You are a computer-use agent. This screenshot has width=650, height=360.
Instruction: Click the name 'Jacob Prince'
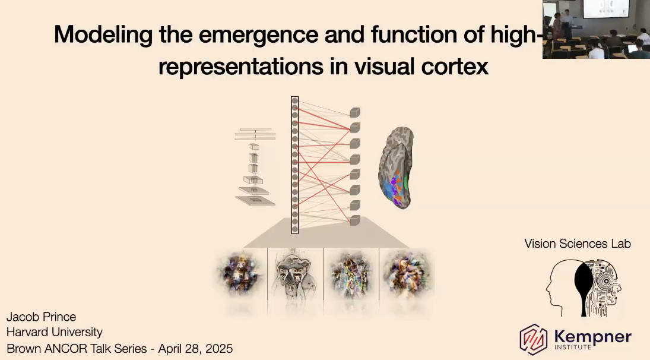coord(41,317)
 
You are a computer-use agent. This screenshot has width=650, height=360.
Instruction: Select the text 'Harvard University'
coord(54,332)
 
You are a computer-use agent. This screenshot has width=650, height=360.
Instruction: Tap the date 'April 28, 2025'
coord(195,349)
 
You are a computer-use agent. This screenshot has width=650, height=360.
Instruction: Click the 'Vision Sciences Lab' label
coord(578,244)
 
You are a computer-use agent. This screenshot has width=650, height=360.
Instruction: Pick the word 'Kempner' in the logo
coord(592,336)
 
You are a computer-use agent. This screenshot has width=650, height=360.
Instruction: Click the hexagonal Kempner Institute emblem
coord(534,340)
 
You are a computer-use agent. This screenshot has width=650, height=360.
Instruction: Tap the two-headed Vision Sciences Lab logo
coord(584,288)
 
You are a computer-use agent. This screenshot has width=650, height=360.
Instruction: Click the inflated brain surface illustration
coord(396,168)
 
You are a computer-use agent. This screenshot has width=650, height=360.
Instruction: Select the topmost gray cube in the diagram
coord(355,112)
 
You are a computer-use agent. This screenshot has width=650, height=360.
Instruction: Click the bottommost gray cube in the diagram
coord(355,220)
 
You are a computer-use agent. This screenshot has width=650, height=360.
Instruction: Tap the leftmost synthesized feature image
coord(240,274)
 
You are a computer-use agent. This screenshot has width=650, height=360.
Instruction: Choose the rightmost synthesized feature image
coord(407,274)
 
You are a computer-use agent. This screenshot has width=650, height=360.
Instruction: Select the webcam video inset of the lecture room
coord(596,29)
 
